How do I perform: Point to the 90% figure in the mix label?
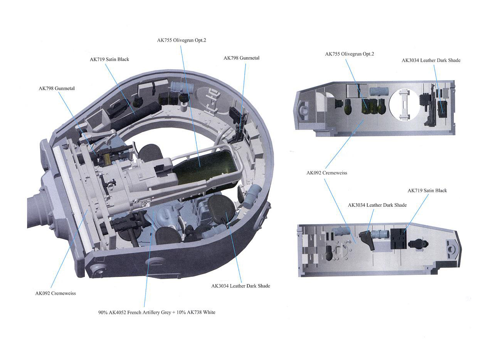(x=103, y=312)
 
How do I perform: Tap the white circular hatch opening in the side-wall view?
(x=404, y=105)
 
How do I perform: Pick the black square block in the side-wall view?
(x=399, y=239)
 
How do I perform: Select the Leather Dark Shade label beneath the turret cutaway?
(x=240, y=286)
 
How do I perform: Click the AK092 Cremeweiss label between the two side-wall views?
(x=327, y=173)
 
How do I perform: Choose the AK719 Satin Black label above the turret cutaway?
(x=109, y=59)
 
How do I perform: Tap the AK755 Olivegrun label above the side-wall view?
(x=350, y=54)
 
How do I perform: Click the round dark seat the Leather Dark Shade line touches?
(x=221, y=208)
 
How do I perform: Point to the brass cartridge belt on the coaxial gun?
(x=107, y=159)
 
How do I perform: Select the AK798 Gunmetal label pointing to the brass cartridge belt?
(x=57, y=89)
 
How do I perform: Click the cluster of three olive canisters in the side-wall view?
(x=373, y=106)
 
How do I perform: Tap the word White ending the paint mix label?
(x=209, y=312)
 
